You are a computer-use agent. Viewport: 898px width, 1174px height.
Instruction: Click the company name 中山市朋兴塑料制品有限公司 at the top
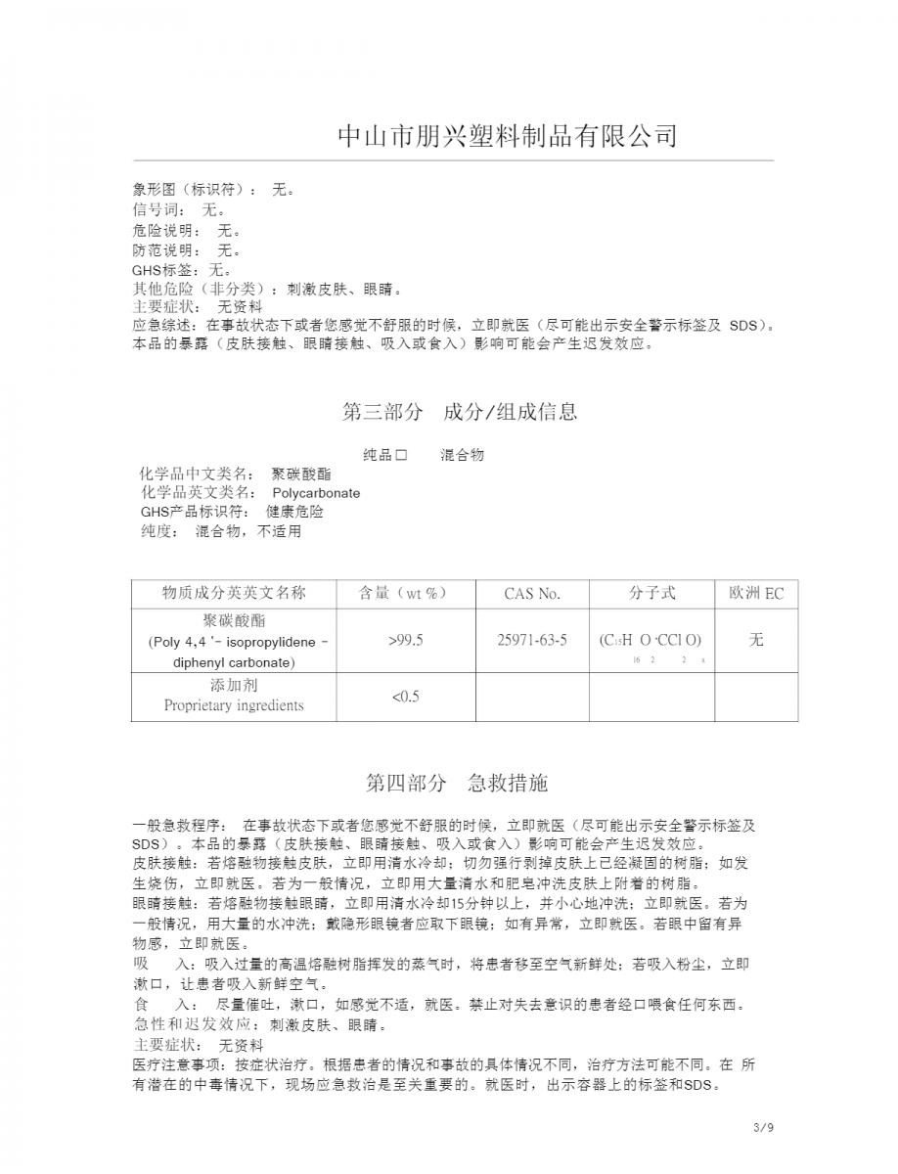(x=507, y=135)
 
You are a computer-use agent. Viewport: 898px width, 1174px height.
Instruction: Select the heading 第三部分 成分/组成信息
(x=459, y=412)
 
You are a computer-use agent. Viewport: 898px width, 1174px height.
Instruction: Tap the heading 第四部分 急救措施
(x=457, y=783)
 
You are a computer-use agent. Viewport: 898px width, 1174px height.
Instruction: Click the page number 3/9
(x=764, y=1128)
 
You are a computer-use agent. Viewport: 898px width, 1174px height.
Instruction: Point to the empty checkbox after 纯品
(x=400, y=455)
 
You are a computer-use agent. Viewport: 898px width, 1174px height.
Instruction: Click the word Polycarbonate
(x=316, y=493)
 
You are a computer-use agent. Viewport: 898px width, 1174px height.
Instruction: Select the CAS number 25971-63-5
(x=532, y=640)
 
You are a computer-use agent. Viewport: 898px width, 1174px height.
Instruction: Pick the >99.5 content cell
(x=405, y=640)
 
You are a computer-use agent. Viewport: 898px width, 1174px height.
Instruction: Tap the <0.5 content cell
(x=405, y=697)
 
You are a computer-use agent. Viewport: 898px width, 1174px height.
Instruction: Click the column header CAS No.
(x=532, y=593)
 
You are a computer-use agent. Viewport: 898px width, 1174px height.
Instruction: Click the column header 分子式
(x=651, y=593)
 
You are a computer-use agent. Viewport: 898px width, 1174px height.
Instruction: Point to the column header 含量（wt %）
(x=405, y=593)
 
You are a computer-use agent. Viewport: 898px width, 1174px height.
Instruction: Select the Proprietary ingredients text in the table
(x=234, y=705)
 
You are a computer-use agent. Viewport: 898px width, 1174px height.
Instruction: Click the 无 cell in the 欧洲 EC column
(x=755, y=640)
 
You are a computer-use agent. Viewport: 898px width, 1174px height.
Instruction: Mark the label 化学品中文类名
(x=196, y=474)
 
